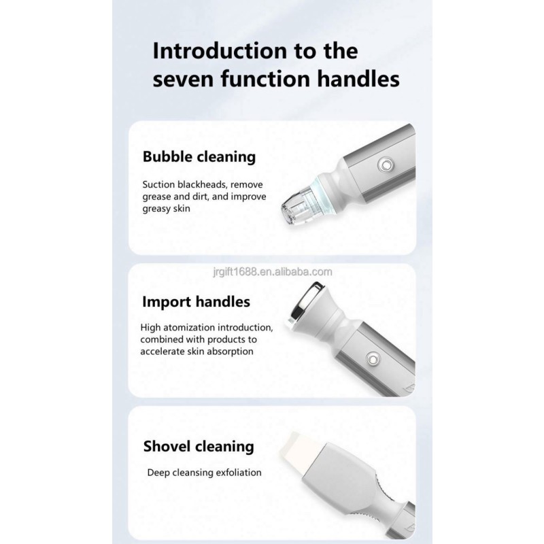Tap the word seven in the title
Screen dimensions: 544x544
click(186, 79)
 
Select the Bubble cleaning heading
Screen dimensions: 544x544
click(199, 156)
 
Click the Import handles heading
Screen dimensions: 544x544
click(197, 301)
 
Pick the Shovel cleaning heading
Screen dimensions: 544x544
click(199, 447)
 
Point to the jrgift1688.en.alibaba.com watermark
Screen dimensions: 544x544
click(271, 272)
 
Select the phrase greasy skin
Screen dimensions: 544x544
click(166, 209)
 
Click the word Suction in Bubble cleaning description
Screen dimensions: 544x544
click(158, 184)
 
